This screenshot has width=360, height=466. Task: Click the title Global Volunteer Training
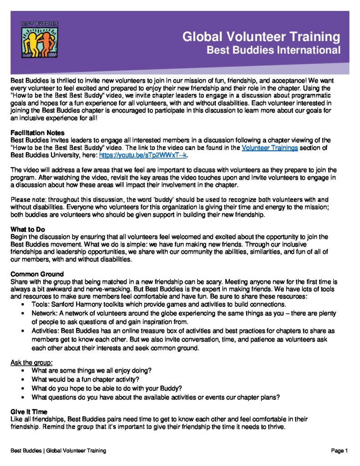click(261, 36)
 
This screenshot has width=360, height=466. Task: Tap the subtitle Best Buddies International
click(274, 50)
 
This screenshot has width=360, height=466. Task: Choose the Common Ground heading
click(37, 274)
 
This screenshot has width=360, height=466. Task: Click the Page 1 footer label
click(340, 451)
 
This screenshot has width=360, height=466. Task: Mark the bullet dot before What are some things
click(23, 371)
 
